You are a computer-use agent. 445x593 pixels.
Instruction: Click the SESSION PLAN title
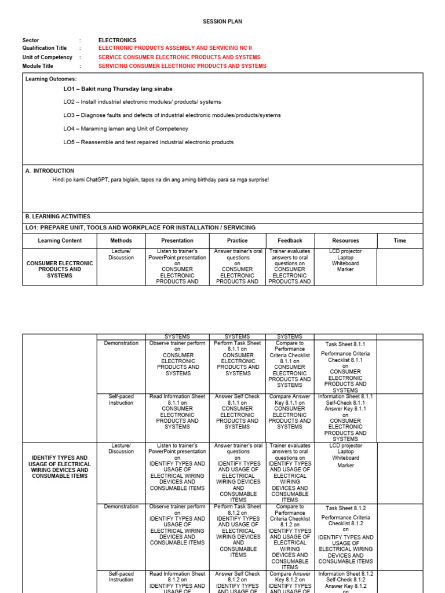[x=222, y=21]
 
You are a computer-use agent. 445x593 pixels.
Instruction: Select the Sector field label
[x=31, y=40]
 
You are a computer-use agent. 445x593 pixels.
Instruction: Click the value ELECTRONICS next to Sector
[x=117, y=40]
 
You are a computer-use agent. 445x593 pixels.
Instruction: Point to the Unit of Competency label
[x=47, y=57]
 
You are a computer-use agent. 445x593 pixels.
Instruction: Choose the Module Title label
[x=37, y=66]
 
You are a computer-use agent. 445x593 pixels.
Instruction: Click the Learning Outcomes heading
[x=51, y=79]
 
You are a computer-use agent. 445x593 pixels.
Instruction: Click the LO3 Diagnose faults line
[x=172, y=115]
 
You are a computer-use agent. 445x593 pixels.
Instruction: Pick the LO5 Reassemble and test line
[x=148, y=142]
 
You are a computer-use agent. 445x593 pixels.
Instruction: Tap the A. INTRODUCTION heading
[x=50, y=171]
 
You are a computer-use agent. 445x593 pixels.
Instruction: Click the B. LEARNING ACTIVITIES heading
[x=57, y=216]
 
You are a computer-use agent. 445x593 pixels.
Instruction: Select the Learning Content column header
[x=60, y=240]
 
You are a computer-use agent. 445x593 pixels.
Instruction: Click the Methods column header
[x=121, y=240]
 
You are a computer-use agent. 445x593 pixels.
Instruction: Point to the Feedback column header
[x=290, y=240]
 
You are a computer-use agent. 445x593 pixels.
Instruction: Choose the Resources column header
[x=345, y=240]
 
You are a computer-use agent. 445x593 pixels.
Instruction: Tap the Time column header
[x=400, y=240]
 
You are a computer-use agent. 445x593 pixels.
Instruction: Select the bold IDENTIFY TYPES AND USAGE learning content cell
[x=60, y=467]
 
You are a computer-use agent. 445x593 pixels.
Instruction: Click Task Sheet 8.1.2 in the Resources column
[x=345, y=508]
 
